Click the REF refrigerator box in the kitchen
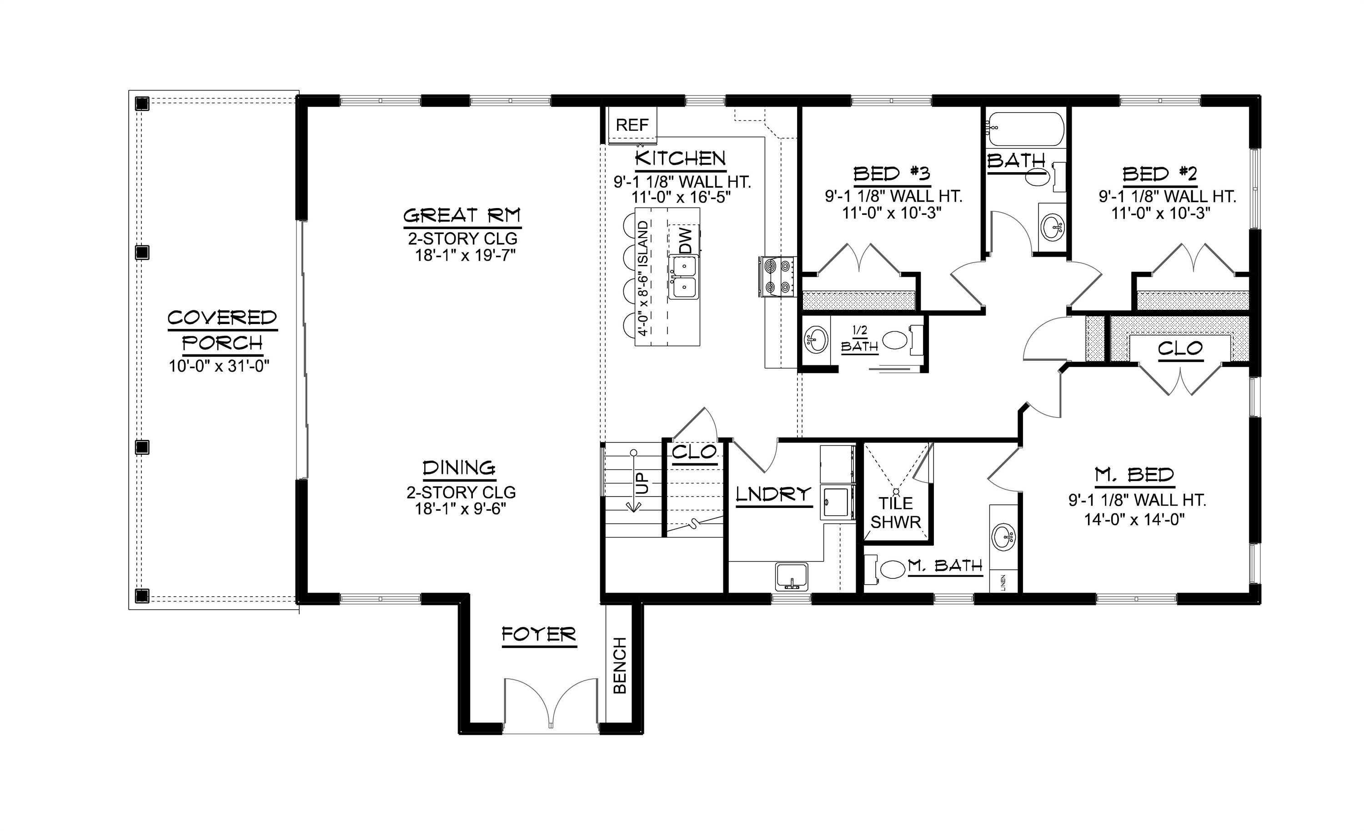632,125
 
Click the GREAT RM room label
461,215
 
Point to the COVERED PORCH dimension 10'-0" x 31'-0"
219,366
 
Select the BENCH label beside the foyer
620,666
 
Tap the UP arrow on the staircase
634,483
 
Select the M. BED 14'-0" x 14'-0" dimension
1134,519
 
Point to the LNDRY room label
773,494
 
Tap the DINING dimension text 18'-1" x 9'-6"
461,508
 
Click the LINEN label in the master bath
1003,582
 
